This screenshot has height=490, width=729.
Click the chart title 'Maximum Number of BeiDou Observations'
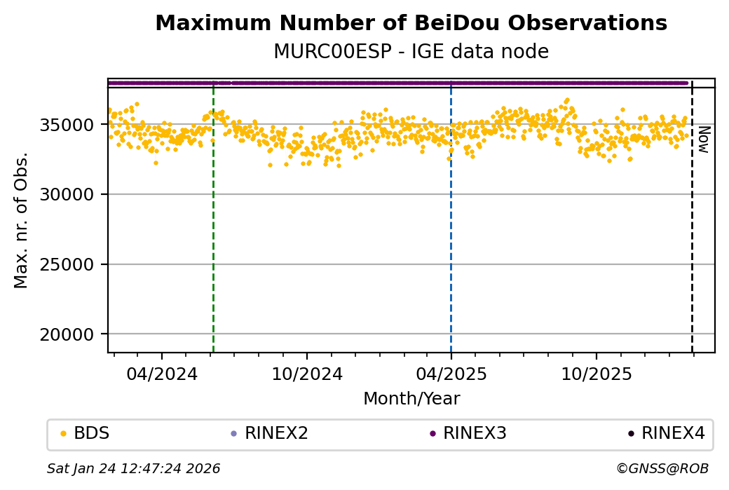411,23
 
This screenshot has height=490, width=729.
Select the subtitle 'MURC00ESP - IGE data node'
411,52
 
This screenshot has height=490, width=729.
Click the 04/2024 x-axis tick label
162,374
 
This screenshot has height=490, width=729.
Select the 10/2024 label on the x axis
307,374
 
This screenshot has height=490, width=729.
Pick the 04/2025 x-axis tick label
451,374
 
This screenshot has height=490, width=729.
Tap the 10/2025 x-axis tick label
596,374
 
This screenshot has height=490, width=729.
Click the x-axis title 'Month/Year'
411,399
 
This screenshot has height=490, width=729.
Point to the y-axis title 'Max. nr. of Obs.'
21,219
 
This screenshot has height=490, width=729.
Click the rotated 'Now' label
703,139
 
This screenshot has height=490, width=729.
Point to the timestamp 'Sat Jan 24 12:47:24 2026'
133,468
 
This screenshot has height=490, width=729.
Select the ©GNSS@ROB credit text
662,468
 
